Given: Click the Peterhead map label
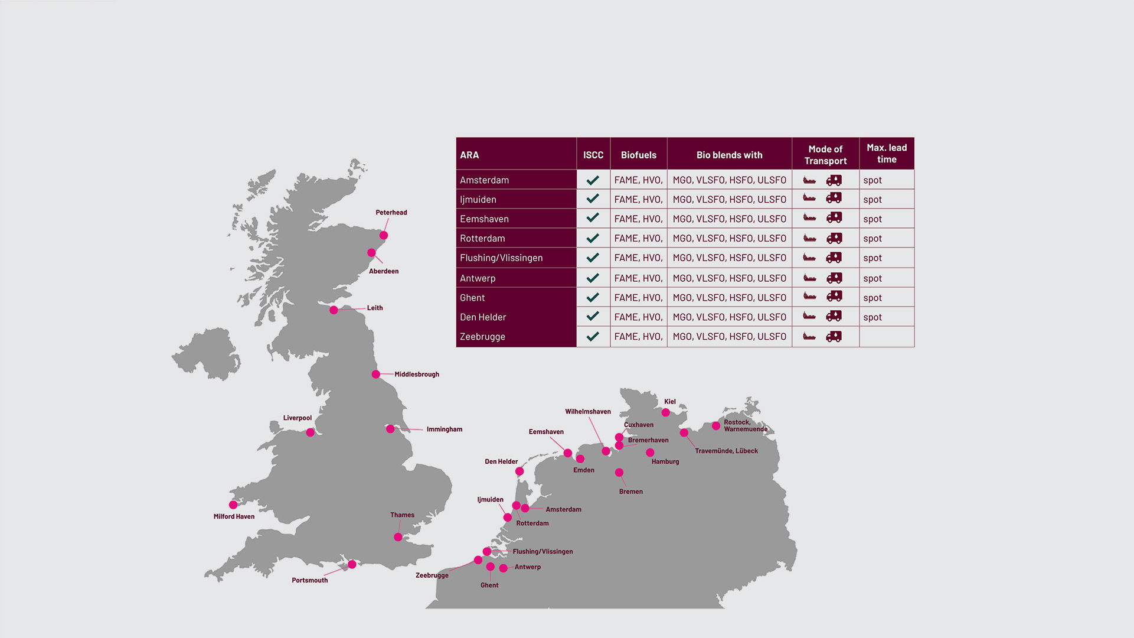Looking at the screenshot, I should point(391,213).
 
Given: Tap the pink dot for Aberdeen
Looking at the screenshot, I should point(371,253).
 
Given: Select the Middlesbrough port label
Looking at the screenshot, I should point(416,375).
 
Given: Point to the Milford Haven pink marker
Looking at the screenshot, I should point(233,505).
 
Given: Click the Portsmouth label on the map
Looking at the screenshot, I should point(309,581).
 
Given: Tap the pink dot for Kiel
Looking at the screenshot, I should point(665,413).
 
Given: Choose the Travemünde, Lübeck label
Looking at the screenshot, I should point(726,451).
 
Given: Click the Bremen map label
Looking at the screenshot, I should point(630,491).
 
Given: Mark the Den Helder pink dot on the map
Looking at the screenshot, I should point(519,471).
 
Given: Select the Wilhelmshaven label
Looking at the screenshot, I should point(587,412).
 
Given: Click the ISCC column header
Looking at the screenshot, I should point(593,155).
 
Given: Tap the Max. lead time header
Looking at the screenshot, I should point(886,154).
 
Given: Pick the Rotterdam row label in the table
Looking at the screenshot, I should point(482,239).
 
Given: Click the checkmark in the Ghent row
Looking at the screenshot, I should point(593,298).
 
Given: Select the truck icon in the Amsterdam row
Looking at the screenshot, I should point(834,180).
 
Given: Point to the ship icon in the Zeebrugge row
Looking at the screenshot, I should point(809,337).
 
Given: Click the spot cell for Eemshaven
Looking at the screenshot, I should point(872,219).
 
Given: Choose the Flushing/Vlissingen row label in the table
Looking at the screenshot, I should point(501,258).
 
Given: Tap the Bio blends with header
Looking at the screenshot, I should point(729,155).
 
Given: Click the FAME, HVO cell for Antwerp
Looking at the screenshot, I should point(638,278).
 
